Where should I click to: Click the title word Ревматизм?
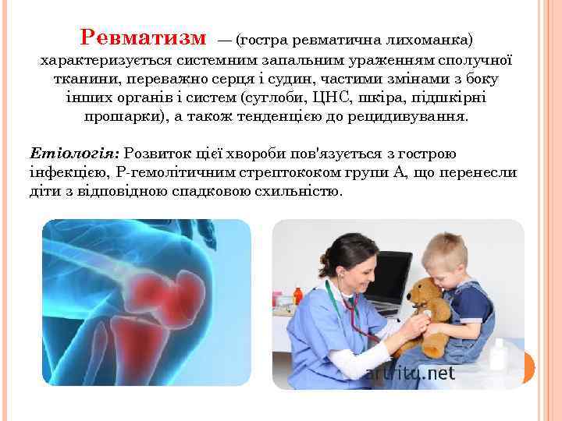click(144, 37)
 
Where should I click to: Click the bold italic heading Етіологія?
click(73, 154)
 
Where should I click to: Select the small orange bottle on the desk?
click(297, 296)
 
